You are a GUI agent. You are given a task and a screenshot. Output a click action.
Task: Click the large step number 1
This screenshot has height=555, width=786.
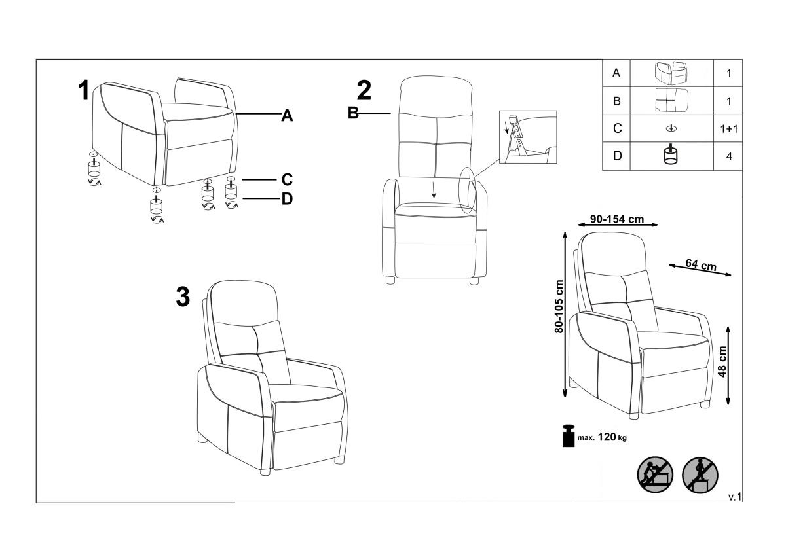[x=84, y=91]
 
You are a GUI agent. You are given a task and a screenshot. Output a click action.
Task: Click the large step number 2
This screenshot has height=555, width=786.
[x=364, y=91]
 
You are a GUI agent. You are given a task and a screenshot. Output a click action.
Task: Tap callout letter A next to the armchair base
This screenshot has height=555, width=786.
[x=287, y=116]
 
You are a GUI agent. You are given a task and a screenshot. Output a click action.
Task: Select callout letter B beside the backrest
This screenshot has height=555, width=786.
[x=353, y=113]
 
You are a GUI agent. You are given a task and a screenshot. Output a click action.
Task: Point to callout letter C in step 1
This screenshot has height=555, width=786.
[x=287, y=179]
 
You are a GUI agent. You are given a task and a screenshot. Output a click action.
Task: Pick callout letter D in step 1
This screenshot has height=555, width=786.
[x=287, y=199]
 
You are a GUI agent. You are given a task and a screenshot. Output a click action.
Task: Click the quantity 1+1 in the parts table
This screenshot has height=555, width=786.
[x=728, y=129]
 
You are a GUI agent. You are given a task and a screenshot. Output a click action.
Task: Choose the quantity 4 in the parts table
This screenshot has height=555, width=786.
[x=728, y=157]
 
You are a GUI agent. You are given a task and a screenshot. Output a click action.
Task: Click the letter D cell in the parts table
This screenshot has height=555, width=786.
[x=616, y=157]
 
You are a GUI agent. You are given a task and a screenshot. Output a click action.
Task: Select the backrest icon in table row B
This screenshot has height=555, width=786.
[x=671, y=101]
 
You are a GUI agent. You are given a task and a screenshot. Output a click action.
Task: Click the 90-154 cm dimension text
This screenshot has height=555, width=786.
[x=616, y=219]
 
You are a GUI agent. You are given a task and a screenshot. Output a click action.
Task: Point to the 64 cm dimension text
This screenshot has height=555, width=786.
[x=701, y=265]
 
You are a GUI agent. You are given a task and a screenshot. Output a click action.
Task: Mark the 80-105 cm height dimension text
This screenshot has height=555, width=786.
[x=559, y=307]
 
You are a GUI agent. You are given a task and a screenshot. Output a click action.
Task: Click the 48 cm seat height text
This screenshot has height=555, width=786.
[x=722, y=363]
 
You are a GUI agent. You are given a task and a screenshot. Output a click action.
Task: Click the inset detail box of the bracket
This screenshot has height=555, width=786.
[x=527, y=137]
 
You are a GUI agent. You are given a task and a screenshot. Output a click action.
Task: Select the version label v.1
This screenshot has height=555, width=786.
[x=734, y=497]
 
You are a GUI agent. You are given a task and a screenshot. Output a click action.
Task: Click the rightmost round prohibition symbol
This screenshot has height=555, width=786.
[x=700, y=474]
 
